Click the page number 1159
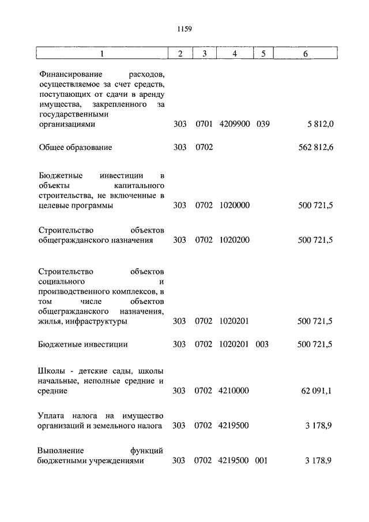click(x=184, y=28)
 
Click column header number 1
click(x=101, y=54)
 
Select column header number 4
click(x=234, y=54)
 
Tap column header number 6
click(x=305, y=54)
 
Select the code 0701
click(x=204, y=124)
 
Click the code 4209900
click(x=234, y=124)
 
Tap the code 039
click(x=262, y=124)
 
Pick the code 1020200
click(x=234, y=240)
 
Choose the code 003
click(x=262, y=344)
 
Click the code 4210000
click(x=234, y=391)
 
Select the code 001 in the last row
click(x=262, y=461)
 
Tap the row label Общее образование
click(x=75, y=147)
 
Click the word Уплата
click(x=51, y=416)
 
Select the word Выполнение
click(x=61, y=450)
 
